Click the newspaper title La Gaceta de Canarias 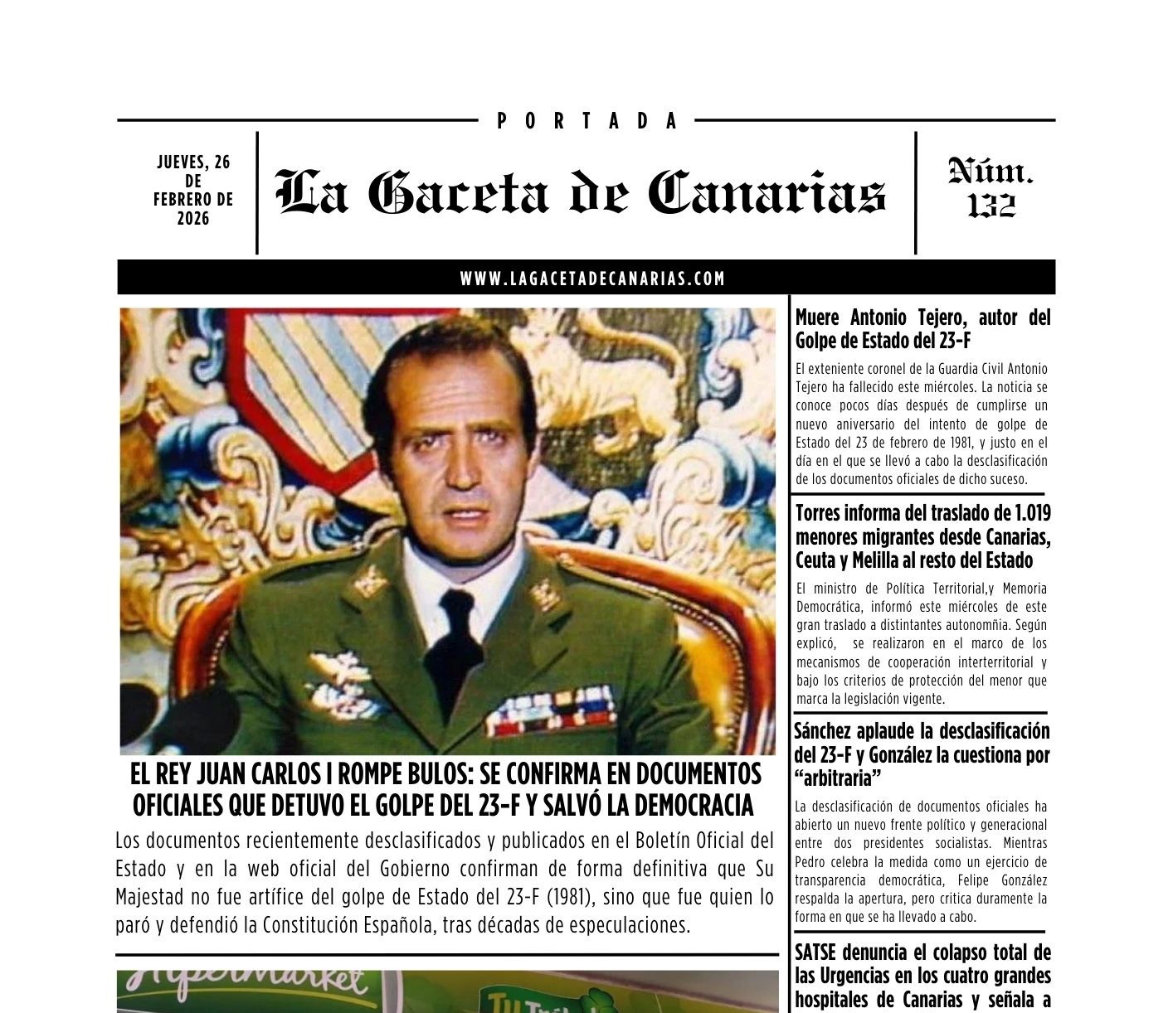(x=581, y=193)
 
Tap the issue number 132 (x=991, y=205)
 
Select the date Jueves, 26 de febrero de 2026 (x=193, y=190)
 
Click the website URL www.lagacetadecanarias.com (x=592, y=279)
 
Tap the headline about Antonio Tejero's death (x=922, y=328)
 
